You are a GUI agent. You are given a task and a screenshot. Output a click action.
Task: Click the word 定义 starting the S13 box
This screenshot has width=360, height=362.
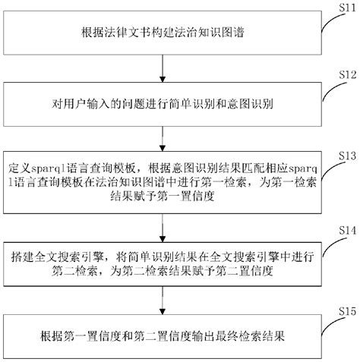point(14,166)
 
